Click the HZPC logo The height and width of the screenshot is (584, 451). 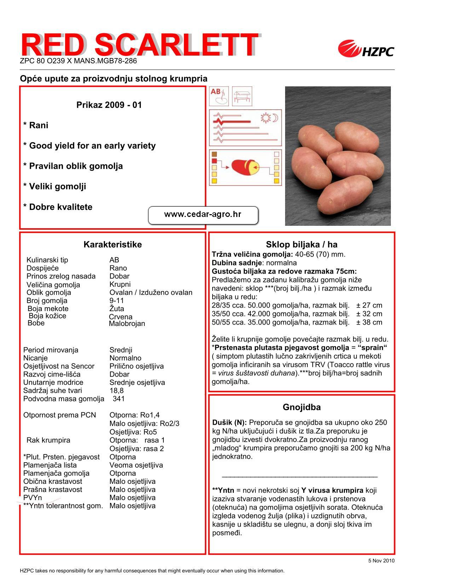click(366, 50)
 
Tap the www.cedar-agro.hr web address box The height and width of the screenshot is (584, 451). click(203, 215)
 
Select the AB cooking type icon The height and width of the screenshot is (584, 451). click(219, 96)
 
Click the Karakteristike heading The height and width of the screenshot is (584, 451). click(112, 245)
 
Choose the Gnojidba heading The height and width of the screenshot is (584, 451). click(301, 407)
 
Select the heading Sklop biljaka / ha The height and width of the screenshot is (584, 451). click(301, 245)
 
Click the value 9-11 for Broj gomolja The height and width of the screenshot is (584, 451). click(117, 301)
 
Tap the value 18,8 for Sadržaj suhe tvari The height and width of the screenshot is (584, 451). click(116, 391)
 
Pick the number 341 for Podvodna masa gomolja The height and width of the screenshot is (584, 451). click(118, 399)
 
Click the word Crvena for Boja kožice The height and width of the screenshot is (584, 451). click(121, 317)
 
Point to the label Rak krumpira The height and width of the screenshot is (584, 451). click(48, 440)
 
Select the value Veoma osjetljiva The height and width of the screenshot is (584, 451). click(136, 465)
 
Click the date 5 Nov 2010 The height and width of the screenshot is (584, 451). click(381, 561)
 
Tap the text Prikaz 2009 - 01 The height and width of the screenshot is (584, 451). click(109, 105)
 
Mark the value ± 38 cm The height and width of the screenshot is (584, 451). click(369, 322)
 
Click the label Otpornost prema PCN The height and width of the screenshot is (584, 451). click(59, 415)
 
